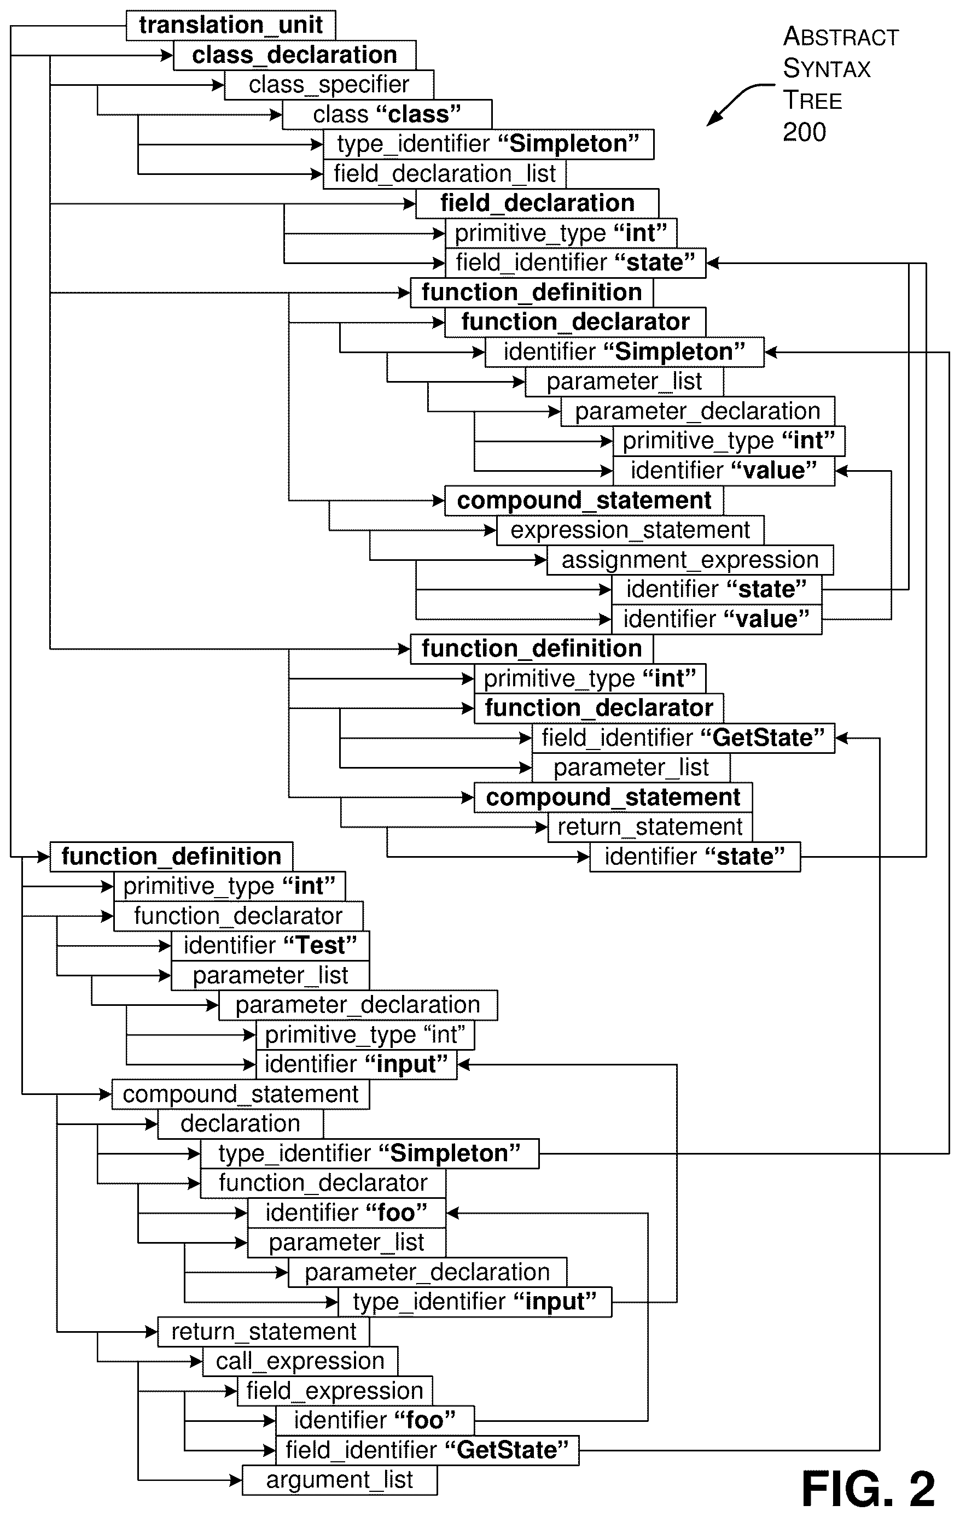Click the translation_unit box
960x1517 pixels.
[x=231, y=25]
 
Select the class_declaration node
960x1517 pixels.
[x=294, y=55]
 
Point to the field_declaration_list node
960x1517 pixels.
[x=444, y=173]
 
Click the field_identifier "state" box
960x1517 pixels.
[x=575, y=262]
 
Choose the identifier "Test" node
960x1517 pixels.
[x=270, y=945]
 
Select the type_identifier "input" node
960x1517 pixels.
[x=475, y=1302]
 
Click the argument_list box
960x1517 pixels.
[x=340, y=1480]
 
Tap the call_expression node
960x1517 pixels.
[x=300, y=1361]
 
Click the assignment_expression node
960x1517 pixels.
[x=690, y=559]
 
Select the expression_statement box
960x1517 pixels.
[x=630, y=530]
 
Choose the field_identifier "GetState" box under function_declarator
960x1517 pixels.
[x=683, y=737]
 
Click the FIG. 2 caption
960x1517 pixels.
[x=868, y=1489]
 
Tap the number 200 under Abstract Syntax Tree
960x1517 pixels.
[x=804, y=132]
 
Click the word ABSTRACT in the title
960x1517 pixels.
[x=841, y=37]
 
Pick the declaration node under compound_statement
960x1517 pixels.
[x=240, y=1123]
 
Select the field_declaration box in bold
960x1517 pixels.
[x=537, y=203]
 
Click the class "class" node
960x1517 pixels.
[x=387, y=114]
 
